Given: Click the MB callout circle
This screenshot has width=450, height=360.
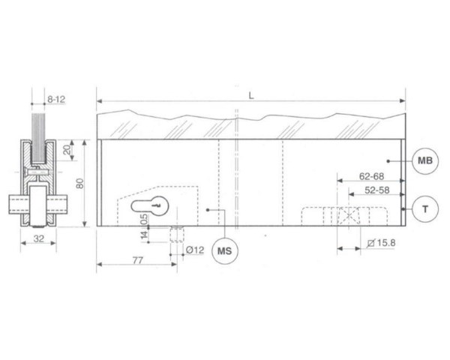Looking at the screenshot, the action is (425, 160).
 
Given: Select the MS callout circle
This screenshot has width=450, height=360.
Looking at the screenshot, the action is (225, 251).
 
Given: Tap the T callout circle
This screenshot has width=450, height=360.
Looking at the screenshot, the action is (425, 209).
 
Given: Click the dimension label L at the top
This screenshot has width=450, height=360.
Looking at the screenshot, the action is (251, 96).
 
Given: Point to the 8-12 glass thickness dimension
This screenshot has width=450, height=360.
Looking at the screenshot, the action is (56, 100).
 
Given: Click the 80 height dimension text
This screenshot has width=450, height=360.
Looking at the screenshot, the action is (80, 184).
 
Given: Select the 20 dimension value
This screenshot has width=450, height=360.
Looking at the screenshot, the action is (67, 149).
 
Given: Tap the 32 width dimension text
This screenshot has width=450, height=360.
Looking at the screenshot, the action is (39, 238).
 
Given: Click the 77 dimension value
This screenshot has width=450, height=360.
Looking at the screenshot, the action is (138, 260).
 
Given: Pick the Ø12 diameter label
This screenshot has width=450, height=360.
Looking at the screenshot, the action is (195, 250).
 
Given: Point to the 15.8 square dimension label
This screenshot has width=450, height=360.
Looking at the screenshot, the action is (382, 243).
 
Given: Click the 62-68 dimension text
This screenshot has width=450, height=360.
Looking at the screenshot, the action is (372, 176).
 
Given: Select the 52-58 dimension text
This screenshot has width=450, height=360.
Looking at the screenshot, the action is (377, 190).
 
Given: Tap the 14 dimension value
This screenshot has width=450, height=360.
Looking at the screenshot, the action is (144, 235).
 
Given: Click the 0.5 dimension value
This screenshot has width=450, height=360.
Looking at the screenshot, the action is (144, 219).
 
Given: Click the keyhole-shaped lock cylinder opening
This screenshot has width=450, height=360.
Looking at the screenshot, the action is (149, 206).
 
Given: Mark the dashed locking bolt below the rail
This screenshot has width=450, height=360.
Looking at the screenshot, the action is (177, 234).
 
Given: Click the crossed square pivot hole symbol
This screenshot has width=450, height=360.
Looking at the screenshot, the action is (349, 216).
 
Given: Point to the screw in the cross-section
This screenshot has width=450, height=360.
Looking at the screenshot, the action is (38, 172).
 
